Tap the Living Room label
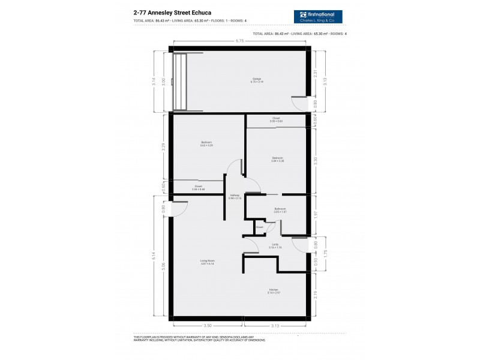[208, 262]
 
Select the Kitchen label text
[274, 291]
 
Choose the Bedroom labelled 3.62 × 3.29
[207, 143]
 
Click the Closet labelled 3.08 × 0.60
[276, 119]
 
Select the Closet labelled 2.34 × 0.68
[199, 187]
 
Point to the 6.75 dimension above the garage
[240, 41]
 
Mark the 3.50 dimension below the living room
[207, 326]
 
